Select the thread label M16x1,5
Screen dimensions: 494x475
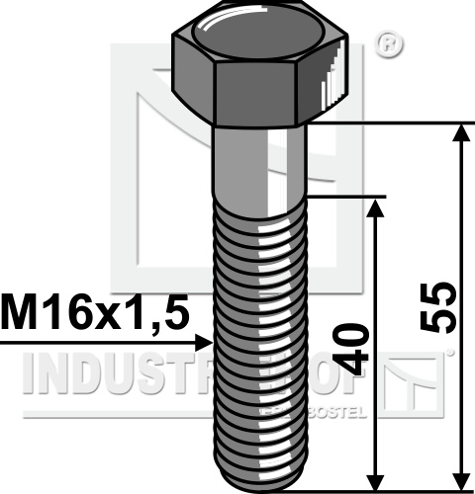(94, 313)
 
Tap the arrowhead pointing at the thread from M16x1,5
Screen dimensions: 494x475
(204, 343)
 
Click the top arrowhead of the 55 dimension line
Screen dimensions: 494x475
(460, 133)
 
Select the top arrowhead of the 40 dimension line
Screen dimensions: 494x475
(376, 206)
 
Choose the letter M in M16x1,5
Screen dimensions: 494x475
(22, 313)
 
